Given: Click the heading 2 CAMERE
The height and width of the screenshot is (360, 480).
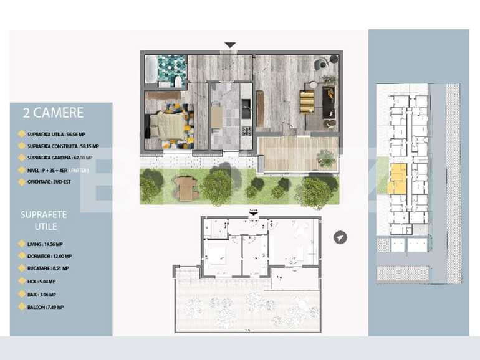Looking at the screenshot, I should (52, 113).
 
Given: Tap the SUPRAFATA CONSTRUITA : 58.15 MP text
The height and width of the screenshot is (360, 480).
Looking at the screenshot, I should (63, 146).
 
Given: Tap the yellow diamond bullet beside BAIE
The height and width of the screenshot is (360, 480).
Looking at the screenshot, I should (22, 295).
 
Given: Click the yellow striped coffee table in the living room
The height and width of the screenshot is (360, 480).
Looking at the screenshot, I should (307, 102).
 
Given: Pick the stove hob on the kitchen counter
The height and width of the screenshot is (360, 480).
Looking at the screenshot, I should (246, 131).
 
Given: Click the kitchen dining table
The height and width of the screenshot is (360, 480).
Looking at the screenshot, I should (216, 116).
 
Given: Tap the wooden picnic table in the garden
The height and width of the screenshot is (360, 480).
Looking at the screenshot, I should (186, 187).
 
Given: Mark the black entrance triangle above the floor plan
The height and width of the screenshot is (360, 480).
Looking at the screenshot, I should (230, 45).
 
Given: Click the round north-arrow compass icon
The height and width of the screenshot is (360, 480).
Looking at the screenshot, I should (340, 237).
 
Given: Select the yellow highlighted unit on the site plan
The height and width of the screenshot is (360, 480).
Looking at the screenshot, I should (397, 178).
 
